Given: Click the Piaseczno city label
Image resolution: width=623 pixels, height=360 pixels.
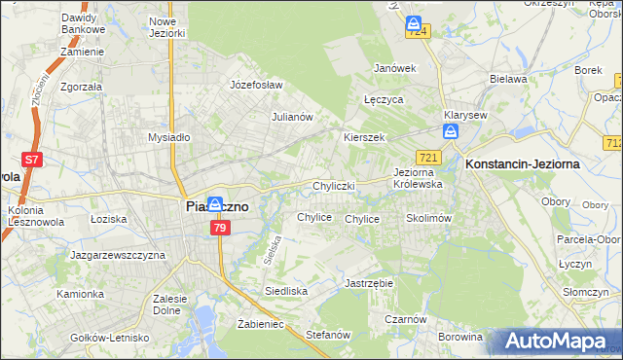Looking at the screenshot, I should pyautogui.click(x=216, y=207).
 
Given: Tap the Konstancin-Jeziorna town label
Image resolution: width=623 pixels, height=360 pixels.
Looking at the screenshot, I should pyautogui.click(x=523, y=164).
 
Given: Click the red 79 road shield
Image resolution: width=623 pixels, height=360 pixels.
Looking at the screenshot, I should pyautogui.click(x=220, y=228).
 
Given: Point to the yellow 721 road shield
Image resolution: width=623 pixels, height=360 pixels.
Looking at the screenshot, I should pyautogui.click(x=429, y=158).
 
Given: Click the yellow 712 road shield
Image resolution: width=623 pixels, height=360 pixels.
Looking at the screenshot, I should pyautogui.click(x=613, y=143).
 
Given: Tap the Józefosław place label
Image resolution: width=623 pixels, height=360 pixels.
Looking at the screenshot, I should pyautogui.click(x=255, y=85).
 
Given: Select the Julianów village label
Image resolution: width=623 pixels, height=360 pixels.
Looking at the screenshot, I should pyautogui.click(x=291, y=117).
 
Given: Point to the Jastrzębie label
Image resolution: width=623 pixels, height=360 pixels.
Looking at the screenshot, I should pyautogui.click(x=369, y=283).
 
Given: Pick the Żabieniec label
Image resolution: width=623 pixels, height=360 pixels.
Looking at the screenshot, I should pyautogui.click(x=260, y=324).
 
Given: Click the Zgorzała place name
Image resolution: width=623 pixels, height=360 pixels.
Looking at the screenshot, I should pyautogui.click(x=81, y=86).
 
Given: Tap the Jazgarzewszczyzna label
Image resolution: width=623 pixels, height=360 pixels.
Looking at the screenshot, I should pyautogui.click(x=118, y=255).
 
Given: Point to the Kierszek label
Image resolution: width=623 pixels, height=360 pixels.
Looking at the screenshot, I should pyautogui.click(x=364, y=137).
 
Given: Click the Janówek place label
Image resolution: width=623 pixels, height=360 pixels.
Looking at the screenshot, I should pyautogui.click(x=395, y=68).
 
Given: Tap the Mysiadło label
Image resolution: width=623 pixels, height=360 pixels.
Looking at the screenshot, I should pyautogui.click(x=168, y=137).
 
